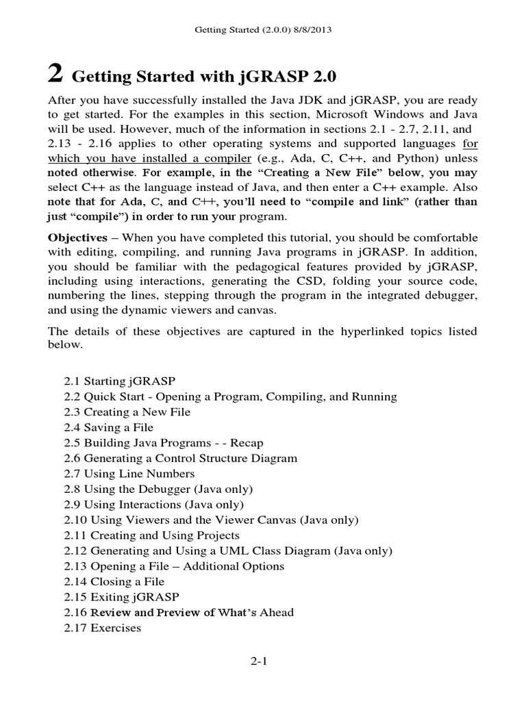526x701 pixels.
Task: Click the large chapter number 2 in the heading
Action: (x=57, y=72)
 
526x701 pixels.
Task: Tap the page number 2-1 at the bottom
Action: (x=263, y=662)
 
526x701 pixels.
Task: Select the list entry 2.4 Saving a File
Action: (x=109, y=427)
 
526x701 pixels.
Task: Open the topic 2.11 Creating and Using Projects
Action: (x=152, y=535)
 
